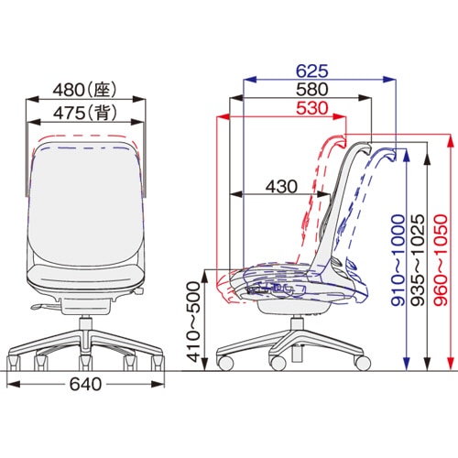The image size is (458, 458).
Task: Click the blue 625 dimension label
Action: [x=312, y=71]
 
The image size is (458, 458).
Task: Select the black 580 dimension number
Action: [x=312, y=89]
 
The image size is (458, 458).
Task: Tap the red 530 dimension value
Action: [x=312, y=108]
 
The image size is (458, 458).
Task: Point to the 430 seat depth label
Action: [x=281, y=186]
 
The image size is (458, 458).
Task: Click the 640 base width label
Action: [x=85, y=384]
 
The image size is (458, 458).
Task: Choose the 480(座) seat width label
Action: [x=85, y=90]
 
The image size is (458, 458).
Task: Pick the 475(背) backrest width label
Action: [x=85, y=113]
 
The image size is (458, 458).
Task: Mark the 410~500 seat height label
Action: [x=193, y=322]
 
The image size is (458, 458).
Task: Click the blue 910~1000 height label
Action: [x=398, y=260]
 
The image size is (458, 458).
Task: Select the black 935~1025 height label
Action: [x=418, y=260]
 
